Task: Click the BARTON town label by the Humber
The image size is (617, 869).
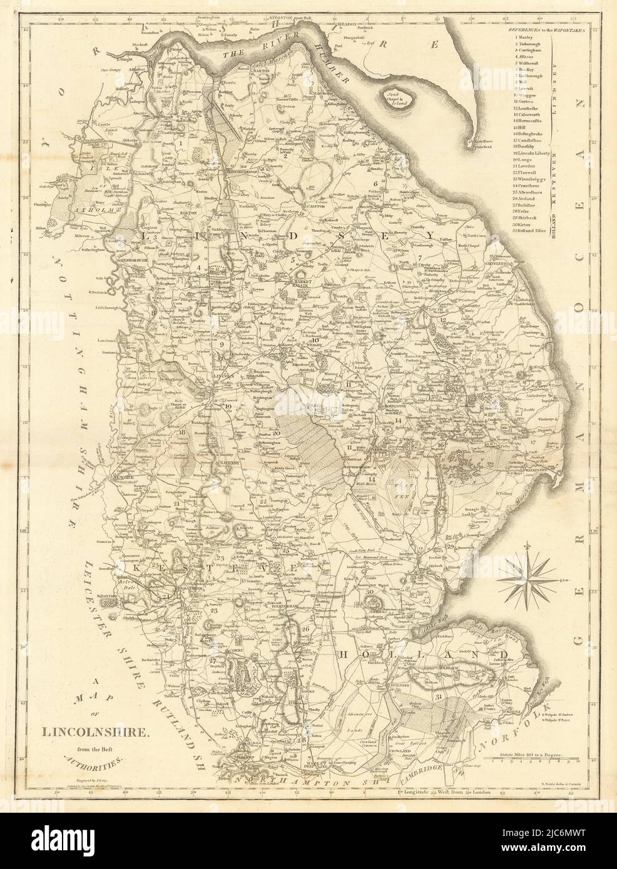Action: click(x=267, y=72)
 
